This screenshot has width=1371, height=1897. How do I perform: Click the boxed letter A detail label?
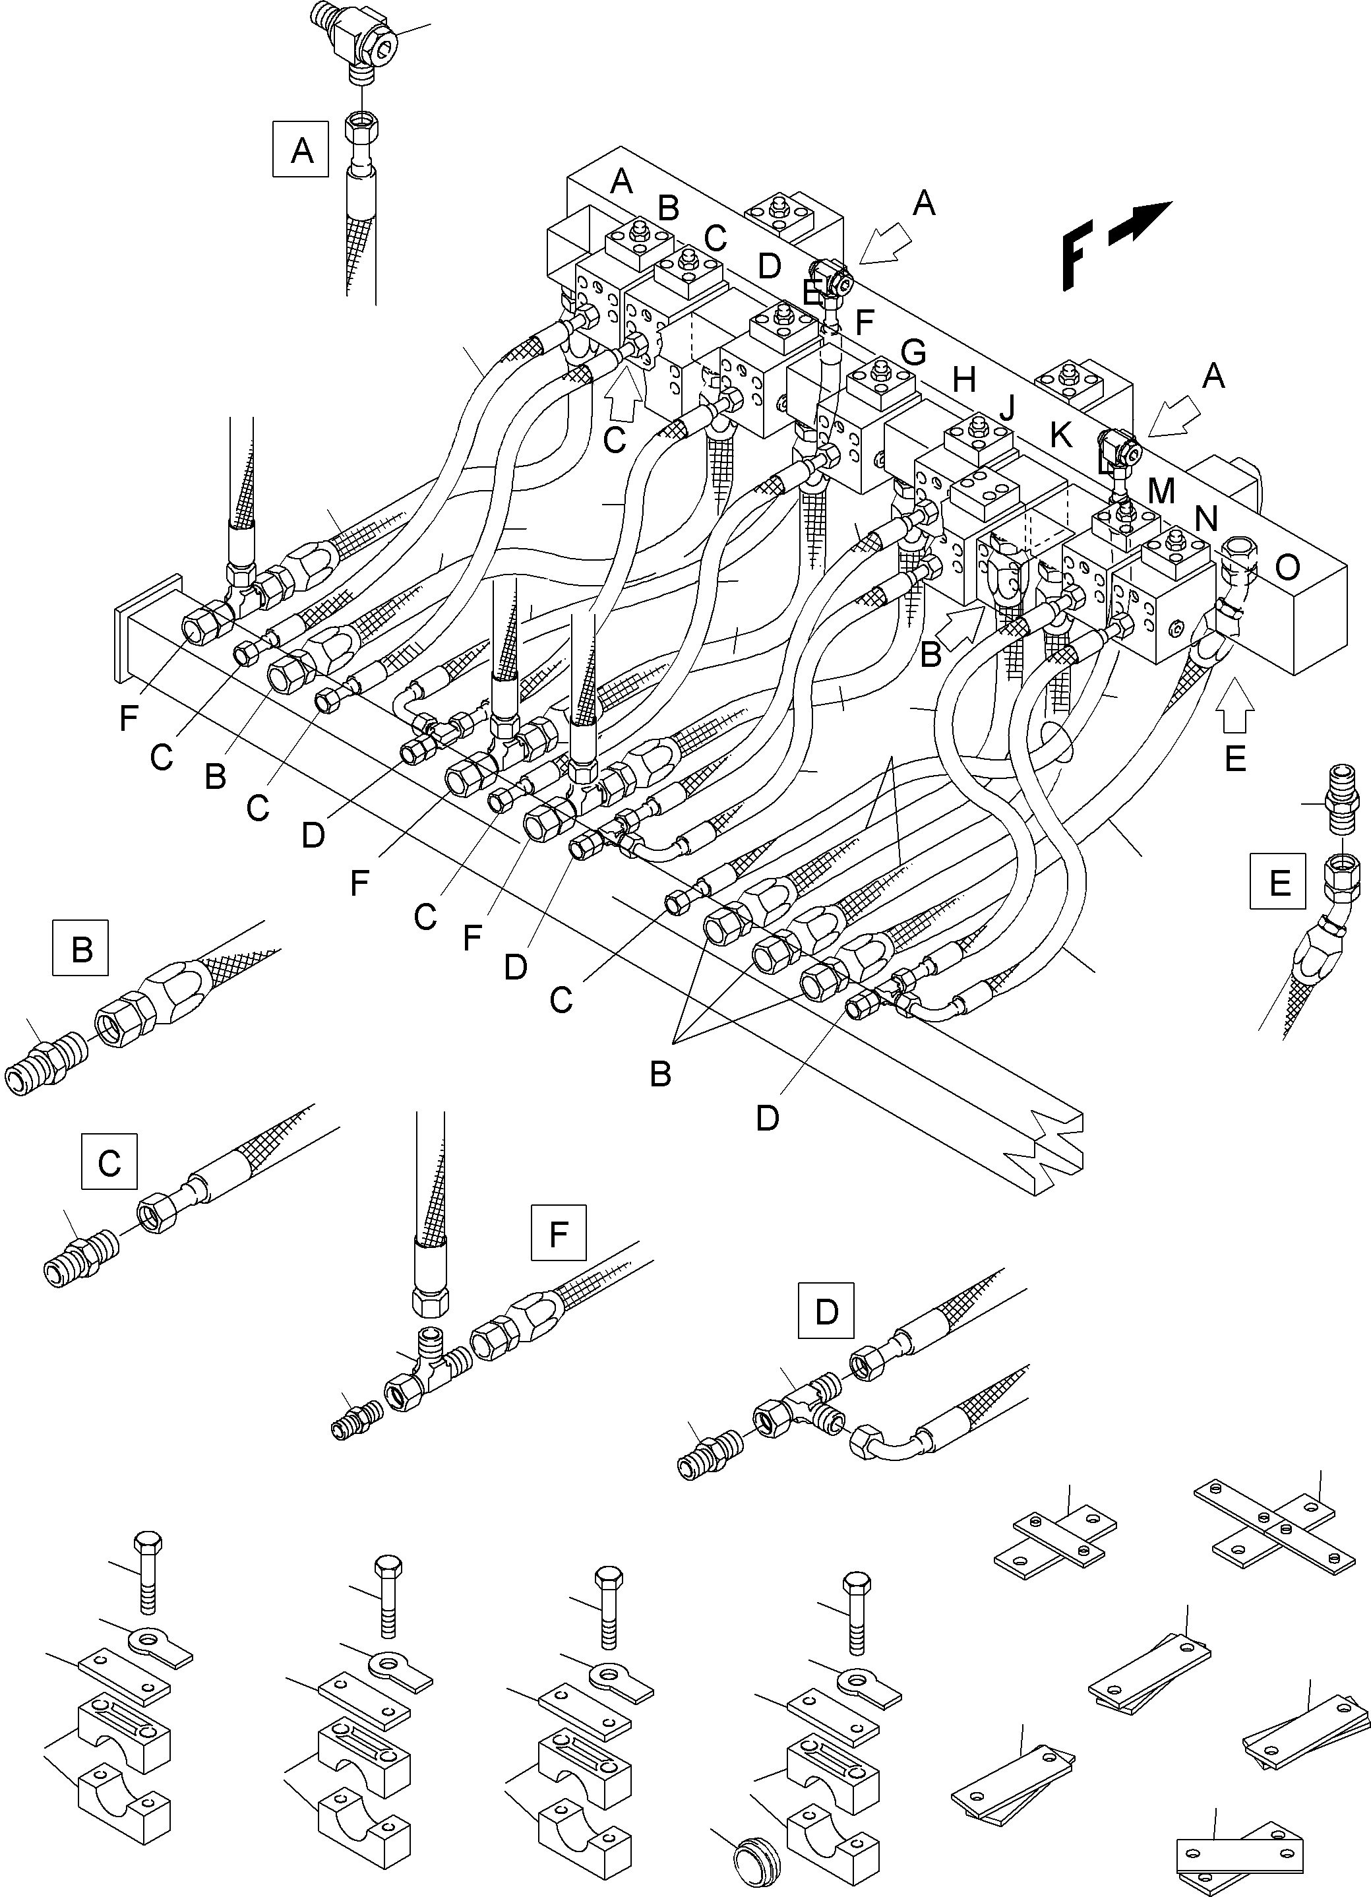pyautogui.click(x=301, y=150)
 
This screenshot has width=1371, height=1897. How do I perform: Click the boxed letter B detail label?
pyautogui.click(x=81, y=948)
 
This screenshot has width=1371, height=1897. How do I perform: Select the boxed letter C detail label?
pyautogui.click(x=109, y=1162)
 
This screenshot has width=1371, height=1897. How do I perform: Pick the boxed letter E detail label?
pyautogui.click(x=1278, y=881)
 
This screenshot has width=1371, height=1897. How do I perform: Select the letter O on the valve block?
pyautogui.click(x=1287, y=568)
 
